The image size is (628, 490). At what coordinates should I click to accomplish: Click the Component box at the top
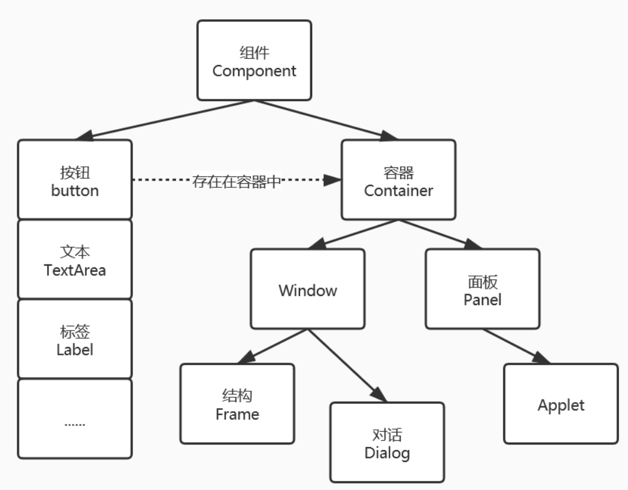[254, 61]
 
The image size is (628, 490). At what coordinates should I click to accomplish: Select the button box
[75, 180]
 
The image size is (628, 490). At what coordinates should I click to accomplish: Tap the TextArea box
[75, 260]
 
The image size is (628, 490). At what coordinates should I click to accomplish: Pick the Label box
[75, 339]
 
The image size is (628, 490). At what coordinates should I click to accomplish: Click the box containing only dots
[75, 418]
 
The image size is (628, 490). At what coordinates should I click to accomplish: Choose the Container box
[398, 180]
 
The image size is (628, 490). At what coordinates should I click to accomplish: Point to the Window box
[308, 289]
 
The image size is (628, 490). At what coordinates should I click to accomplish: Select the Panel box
[483, 289]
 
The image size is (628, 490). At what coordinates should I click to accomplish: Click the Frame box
[237, 404]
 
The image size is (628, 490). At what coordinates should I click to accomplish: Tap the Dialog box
[387, 442]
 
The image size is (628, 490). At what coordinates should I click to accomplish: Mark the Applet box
[561, 404]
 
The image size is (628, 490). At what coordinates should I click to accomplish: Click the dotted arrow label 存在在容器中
[237, 181]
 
